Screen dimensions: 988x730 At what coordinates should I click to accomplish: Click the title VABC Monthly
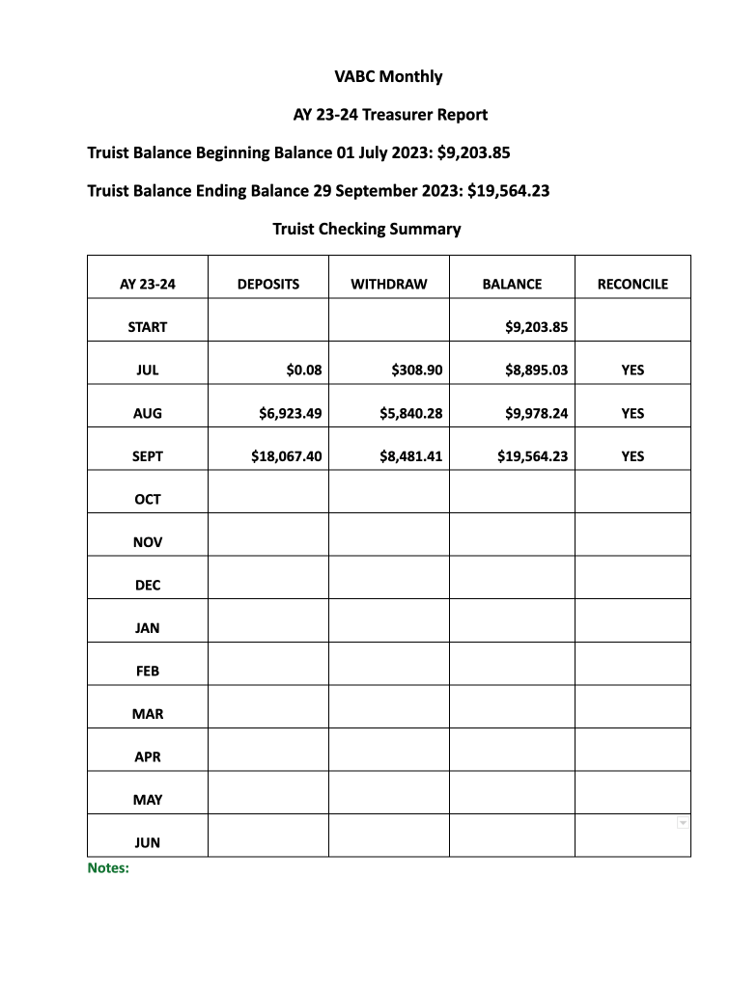tap(388, 76)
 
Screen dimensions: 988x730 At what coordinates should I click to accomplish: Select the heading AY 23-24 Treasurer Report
tap(390, 115)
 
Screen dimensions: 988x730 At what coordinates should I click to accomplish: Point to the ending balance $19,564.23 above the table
tap(508, 190)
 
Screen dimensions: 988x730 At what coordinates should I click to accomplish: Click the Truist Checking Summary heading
tap(366, 229)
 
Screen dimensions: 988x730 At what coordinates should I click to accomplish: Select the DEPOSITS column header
tap(268, 284)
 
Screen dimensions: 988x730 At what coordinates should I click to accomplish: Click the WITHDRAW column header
tap(388, 284)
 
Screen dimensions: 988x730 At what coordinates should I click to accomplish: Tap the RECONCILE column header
tap(632, 284)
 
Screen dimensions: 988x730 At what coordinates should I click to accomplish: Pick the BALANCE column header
tap(512, 284)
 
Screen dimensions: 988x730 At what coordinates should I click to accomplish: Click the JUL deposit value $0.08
tap(304, 370)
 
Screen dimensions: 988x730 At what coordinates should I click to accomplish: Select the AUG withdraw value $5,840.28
tap(411, 413)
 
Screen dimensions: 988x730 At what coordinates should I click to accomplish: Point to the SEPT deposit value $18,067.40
tap(286, 455)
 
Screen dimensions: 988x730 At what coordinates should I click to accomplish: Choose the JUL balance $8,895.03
tap(536, 370)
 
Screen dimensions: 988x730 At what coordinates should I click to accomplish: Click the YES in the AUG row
tap(632, 413)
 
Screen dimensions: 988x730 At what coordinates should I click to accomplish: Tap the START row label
tap(148, 327)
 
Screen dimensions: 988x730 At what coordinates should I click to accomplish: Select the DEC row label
tap(148, 585)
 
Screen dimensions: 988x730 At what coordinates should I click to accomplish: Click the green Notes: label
tap(108, 867)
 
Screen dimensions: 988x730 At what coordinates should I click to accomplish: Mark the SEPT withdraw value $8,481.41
tap(411, 455)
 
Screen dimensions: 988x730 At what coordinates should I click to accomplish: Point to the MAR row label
tap(148, 714)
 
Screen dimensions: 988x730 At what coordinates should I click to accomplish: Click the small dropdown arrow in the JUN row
tap(683, 822)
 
